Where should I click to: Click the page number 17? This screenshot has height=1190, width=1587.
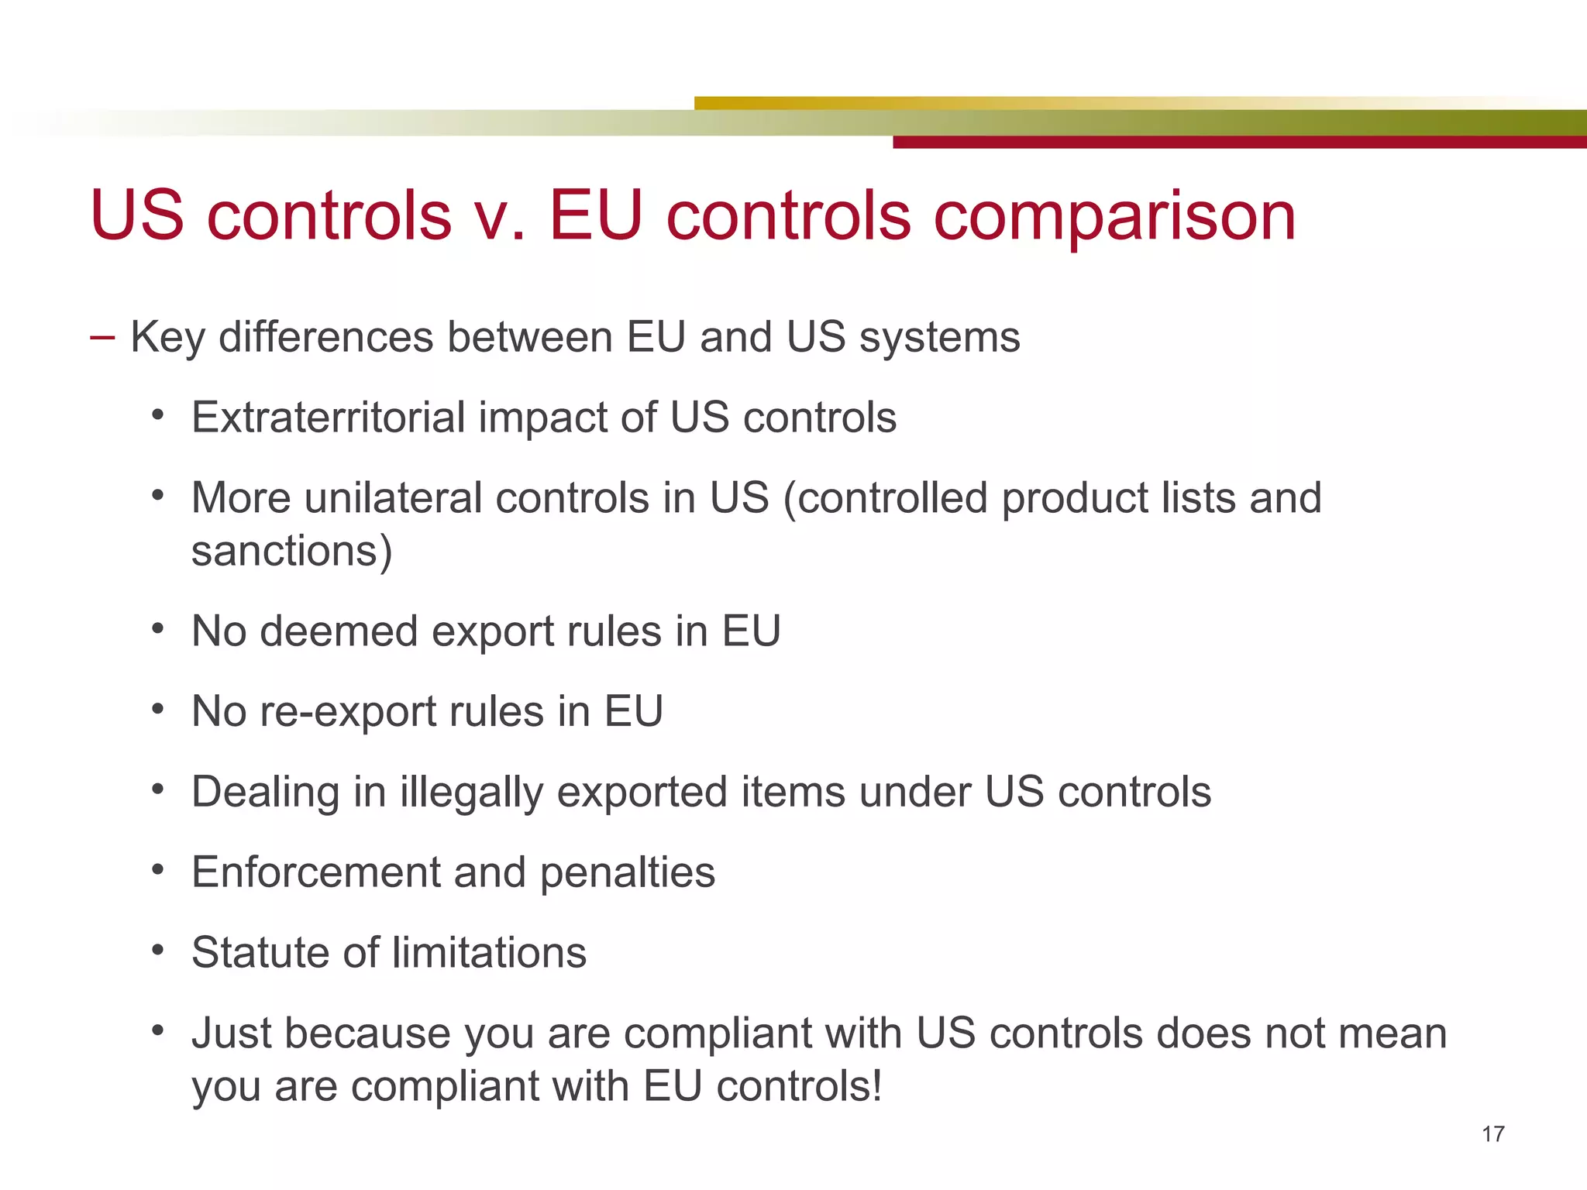coord(1492,1134)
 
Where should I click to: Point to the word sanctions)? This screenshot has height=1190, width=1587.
coord(292,552)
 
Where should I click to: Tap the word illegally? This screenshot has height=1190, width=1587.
coord(471,793)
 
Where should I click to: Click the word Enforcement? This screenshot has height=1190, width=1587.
coord(315,872)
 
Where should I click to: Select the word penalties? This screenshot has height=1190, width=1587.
coord(627,873)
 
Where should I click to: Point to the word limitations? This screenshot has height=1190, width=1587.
coord(489,953)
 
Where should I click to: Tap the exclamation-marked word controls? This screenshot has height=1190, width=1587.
coord(798,1086)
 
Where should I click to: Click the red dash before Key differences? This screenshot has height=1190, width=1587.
coord(102,338)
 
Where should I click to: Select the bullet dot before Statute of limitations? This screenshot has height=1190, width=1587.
coord(158,950)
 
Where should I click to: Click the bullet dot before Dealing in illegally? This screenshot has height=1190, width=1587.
coord(158,789)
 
